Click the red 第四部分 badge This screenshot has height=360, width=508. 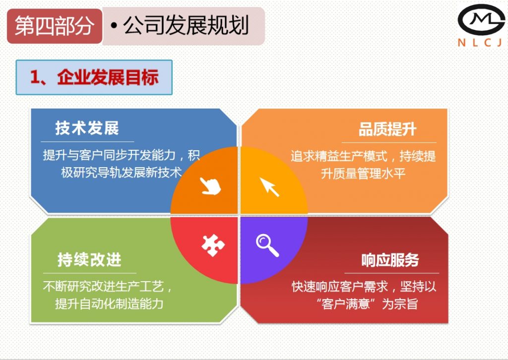[54, 26]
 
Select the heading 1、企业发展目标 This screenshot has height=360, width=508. [94, 77]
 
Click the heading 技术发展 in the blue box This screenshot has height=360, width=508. [87, 128]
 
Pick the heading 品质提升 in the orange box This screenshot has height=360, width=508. [387, 130]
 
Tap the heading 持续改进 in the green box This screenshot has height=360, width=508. [89, 260]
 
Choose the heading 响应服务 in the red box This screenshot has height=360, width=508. [390, 260]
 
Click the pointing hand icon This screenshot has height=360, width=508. [210, 186]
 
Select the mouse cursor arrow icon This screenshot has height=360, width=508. [269, 186]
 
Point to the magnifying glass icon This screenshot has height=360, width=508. [267, 245]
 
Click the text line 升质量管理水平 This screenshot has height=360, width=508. [364, 174]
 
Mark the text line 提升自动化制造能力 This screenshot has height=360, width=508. [109, 303]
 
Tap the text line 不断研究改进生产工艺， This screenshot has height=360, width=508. [108, 287]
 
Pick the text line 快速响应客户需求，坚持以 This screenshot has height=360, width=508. [364, 287]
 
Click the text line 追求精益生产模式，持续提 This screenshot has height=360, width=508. [363, 157]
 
